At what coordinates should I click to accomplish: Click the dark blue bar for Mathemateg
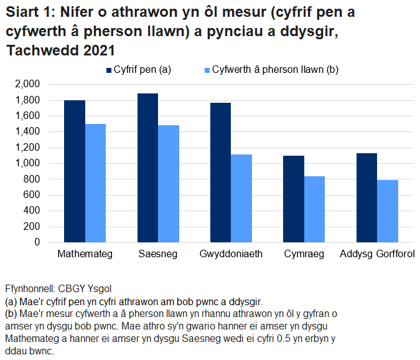pos(75,171)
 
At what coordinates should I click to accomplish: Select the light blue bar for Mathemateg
pos(95,183)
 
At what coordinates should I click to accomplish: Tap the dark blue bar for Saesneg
pos(147,168)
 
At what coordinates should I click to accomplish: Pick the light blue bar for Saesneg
pos(169,184)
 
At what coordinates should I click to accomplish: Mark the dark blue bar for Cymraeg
pos(294,199)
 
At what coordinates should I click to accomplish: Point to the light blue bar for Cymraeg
pos(314,209)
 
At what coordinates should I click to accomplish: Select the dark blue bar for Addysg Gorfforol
pos(366,197)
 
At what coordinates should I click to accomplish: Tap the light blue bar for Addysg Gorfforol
pos(388,211)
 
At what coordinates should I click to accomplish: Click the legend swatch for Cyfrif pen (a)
pos(108,70)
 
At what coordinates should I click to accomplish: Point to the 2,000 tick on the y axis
pos(27,84)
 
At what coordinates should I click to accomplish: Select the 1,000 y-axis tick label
pos(27,163)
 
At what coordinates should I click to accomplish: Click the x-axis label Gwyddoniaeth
pos(231,255)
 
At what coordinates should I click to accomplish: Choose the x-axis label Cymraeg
pos(304,255)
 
